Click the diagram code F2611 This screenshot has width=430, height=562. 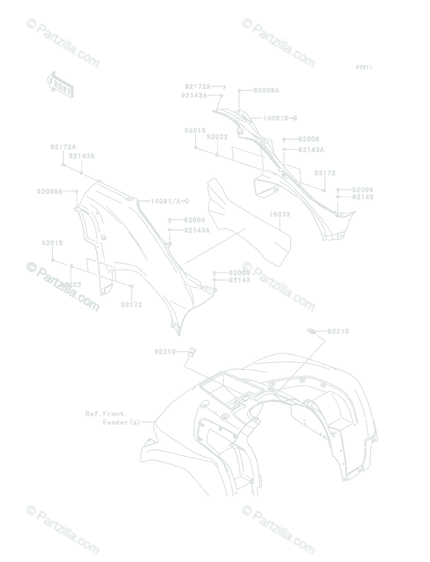tap(363, 67)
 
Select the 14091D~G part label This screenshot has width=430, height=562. tap(279, 118)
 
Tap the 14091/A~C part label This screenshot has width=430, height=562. tap(169, 201)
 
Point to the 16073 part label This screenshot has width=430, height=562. tap(279, 214)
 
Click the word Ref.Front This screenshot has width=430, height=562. tap(105, 414)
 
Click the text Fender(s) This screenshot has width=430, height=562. tap(121, 422)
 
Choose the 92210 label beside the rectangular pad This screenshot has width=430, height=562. tap(165, 352)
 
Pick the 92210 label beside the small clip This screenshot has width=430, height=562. tap(338, 332)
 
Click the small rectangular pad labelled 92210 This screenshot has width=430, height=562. tap(191, 352)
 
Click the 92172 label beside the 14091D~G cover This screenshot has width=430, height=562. tap(325, 173)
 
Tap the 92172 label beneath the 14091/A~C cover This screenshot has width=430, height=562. tap(131, 305)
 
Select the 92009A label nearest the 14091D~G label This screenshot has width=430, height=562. tap(266, 91)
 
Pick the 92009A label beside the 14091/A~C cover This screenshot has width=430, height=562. tap(50, 191)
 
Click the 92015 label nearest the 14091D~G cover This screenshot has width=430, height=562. tap(195, 131)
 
